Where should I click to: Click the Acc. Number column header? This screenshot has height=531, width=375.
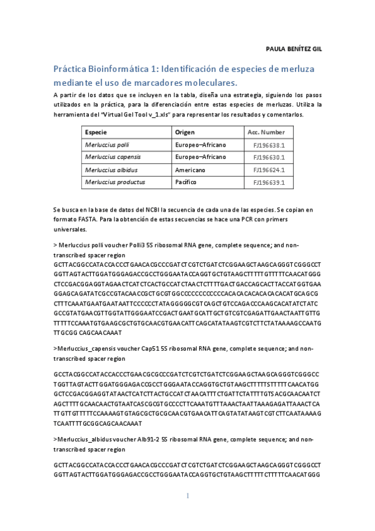(266, 133)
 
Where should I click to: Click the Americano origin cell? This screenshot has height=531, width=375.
(190, 170)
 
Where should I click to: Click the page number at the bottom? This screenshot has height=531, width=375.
(187, 496)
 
